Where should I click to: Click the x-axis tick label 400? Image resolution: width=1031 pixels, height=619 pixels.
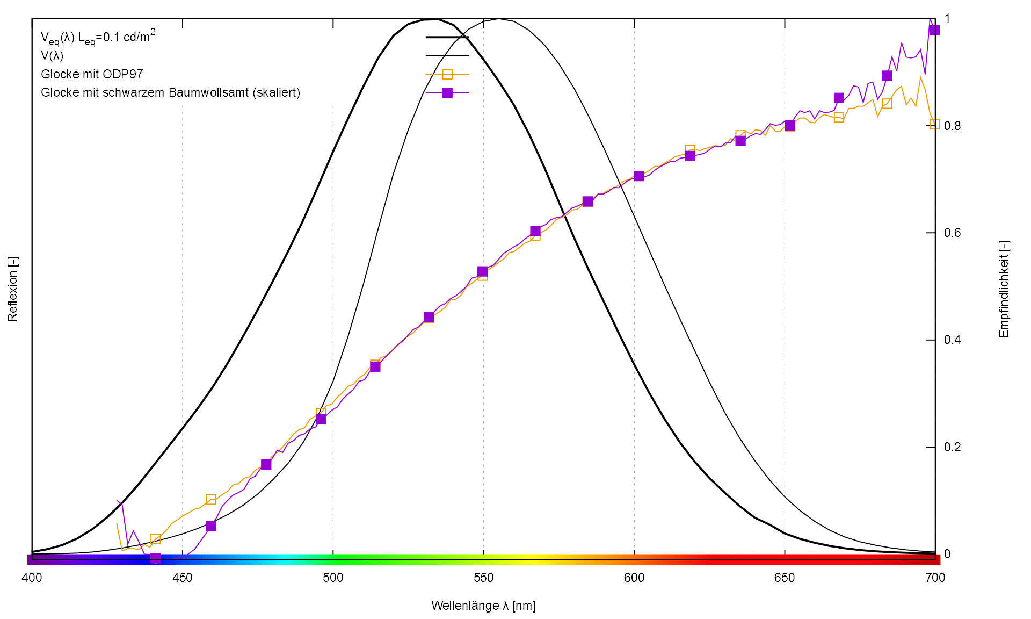32,578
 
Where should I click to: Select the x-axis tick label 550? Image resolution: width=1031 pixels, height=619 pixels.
483,578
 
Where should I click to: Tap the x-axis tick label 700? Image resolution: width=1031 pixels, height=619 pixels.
935,578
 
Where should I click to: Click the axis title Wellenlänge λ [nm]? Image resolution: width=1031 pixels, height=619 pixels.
483,606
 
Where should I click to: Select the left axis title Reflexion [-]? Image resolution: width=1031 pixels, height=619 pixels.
12,289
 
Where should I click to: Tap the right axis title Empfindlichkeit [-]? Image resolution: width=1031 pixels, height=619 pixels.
1004,289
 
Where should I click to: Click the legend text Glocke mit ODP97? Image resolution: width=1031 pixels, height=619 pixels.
92,74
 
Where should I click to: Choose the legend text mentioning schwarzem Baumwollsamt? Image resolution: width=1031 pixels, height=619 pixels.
170,92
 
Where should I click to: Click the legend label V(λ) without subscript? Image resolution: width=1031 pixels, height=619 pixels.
52,55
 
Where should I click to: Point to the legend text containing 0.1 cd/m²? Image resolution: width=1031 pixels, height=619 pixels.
98,37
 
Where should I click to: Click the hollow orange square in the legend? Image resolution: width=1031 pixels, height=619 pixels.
447,74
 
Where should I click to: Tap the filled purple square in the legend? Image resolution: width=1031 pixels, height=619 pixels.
447,93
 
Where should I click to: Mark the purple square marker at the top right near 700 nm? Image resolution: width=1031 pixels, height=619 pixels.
934,30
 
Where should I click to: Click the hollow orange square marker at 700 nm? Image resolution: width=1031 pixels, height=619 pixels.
934,124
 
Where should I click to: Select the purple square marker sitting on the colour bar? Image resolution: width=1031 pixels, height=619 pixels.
155,558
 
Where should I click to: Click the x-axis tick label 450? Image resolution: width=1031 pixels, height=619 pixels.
183,578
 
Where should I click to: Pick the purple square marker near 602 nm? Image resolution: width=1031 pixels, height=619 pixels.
639,176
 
